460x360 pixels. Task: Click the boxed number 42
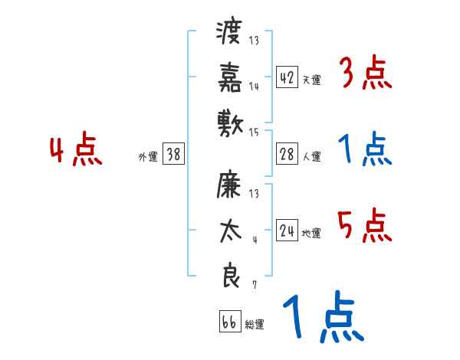[x=287, y=78]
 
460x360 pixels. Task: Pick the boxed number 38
[x=173, y=155]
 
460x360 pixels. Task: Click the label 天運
[x=311, y=80]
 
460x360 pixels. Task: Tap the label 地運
[x=311, y=234]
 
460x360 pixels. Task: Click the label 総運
[x=254, y=325]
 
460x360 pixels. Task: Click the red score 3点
[x=365, y=75]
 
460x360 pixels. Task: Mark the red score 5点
[x=365, y=227]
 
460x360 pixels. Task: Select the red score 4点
[x=76, y=151]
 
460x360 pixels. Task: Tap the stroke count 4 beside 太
[x=254, y=239]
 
